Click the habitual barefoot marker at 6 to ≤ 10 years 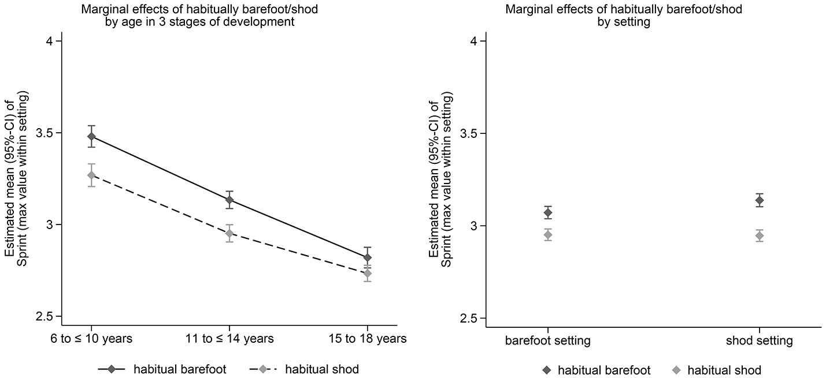(x=91, y=137)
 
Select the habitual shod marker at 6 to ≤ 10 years (x=91, y=175)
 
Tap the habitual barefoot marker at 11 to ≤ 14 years (x=229, y=200)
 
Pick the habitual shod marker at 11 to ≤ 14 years (x=229, y=233)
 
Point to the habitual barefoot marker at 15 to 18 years (x=367, y=257)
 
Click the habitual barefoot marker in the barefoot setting (x=548, y=213)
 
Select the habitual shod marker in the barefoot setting (x=548, y=235)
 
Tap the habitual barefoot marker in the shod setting (x=760, y=200)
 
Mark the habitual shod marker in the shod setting (x=760, y=235)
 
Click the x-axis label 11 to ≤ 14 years (x=229, y=339)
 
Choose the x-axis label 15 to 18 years (x=367, y=339)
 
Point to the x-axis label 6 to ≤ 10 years (x=91, y=339)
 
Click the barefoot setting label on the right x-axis (x=548, y=341)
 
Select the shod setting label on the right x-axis (x=760, y=341)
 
